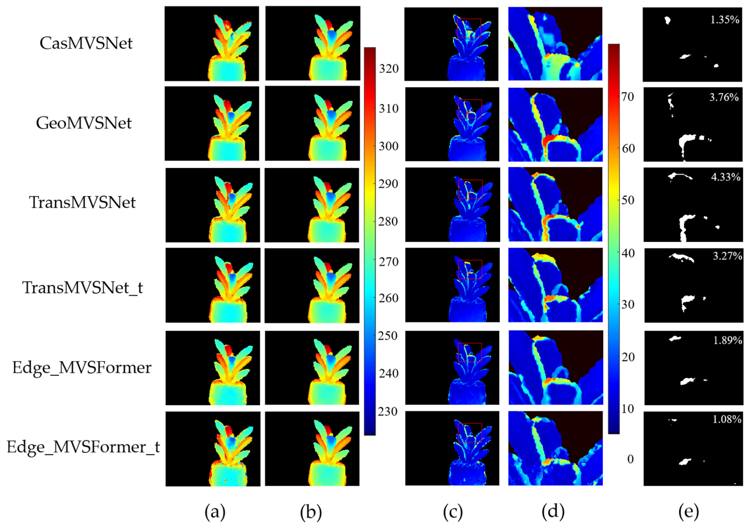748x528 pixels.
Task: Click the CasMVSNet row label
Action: click(x=86, y=43)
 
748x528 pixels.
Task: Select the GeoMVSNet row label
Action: click(x=84, y=123)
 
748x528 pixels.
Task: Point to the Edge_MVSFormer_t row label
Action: click(x=83, y=447)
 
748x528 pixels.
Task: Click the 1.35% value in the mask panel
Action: click(x=725, y=20)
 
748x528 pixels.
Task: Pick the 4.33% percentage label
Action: click(x=726, y=177)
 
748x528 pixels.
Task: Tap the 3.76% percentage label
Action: click(x=724, y=97)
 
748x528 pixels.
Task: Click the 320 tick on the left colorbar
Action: click(x=389, y=69)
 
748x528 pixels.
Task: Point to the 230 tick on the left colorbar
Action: click(x=388, y=412)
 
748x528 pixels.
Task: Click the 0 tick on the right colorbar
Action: click(x=630, y=459)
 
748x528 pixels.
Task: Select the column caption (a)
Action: click(x=215, y=512)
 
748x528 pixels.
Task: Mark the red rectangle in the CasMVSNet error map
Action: click(x=469, y=28)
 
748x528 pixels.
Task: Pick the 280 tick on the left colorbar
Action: click(x=388, y=222)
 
